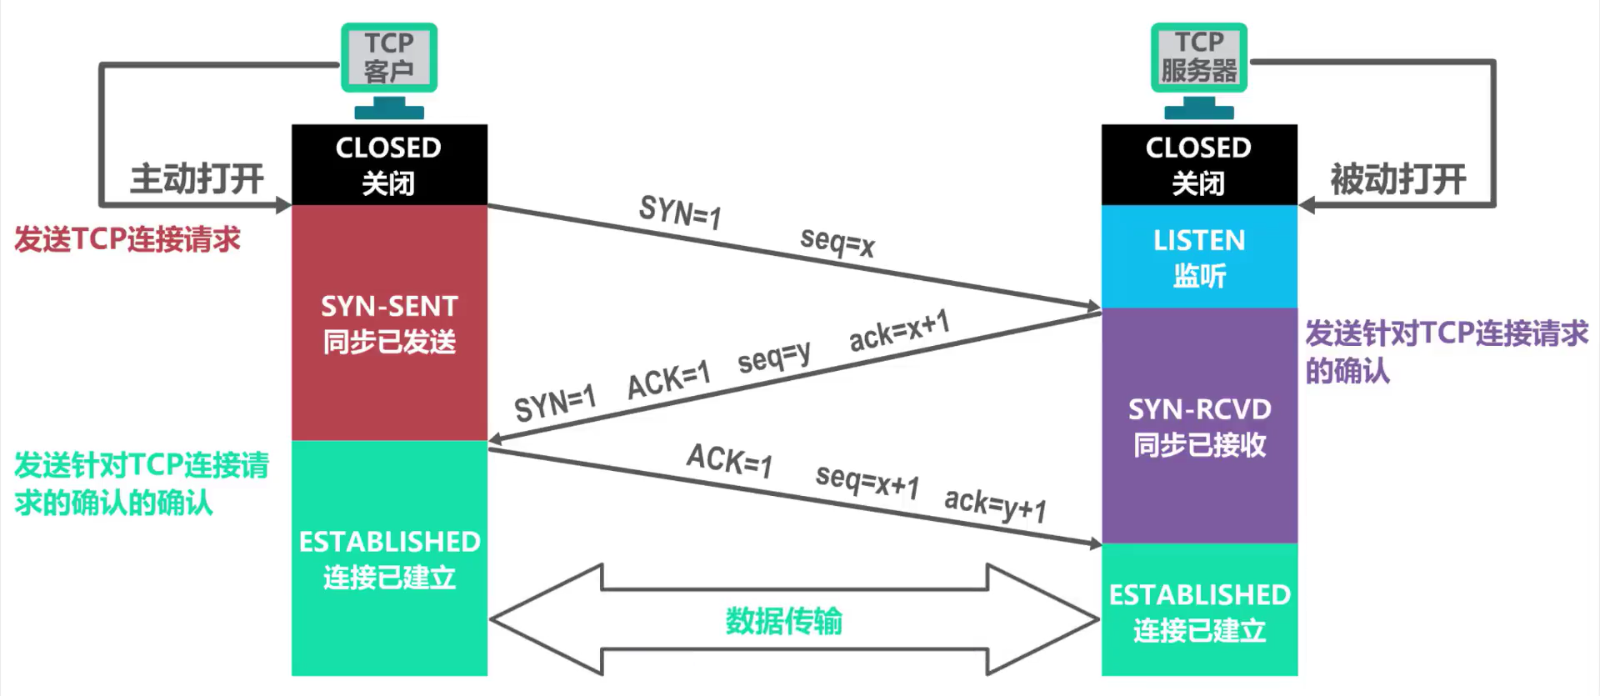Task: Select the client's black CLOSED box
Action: (x=389, y=164)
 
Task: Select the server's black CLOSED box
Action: (x=1199, y=164)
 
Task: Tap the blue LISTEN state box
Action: (x=1199, y=257)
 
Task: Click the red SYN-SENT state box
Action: (x=389, y=323)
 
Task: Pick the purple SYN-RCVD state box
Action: (x=1199, y=426)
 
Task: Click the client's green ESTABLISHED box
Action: (x=389, y=558)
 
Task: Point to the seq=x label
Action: (x=837, y=242)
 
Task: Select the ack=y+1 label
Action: (x=995, y=503)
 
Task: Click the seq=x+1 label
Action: (x=867, y=480)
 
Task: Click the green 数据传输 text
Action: (x=783, y=621)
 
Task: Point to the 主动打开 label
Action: (x=197, y=179)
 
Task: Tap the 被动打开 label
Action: (x=1397, y=179)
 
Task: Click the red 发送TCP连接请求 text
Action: (x=127, y=240)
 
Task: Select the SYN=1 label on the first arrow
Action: (x=679, y=212)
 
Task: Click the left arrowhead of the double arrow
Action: (x=533, y=619)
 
